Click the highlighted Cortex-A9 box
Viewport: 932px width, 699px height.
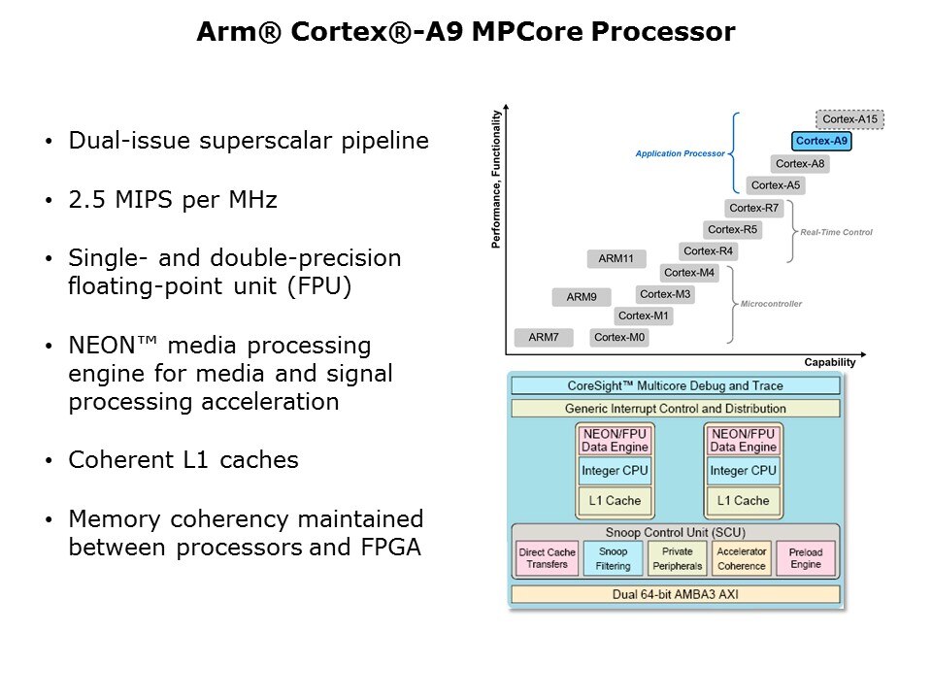[x=821, y=142]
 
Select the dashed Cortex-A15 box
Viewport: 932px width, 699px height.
[x=849, y=119]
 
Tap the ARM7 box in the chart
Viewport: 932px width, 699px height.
[x=544, y=337]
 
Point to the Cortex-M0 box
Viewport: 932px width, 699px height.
[x=619, y=337]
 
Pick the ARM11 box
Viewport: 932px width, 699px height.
[x=616, y=258]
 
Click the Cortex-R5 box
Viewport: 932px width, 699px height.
[x=733, y=230]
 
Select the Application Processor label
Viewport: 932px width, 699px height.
[x=680, y=153]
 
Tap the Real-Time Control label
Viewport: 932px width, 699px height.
[x=836, y=232]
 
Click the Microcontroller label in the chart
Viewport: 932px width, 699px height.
[x=772, y=304]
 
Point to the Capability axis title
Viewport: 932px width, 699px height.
[x=830, y=362]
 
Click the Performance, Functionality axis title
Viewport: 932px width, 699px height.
[x=496, y=180]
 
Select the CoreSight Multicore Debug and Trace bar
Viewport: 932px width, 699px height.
[x=674, y=385]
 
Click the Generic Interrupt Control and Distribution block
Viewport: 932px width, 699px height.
[x=674, y=409]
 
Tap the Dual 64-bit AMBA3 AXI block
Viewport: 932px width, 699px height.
[x=674, y=592]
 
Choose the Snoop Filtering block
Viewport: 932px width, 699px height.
[x=613, y=558]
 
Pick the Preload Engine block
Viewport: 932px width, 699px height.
[x=805, y=558]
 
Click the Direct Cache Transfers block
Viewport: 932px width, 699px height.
[x=548, y=558]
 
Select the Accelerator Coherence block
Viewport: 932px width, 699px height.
[x=741, y=558]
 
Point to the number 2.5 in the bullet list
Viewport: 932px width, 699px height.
[x=85, y=201]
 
